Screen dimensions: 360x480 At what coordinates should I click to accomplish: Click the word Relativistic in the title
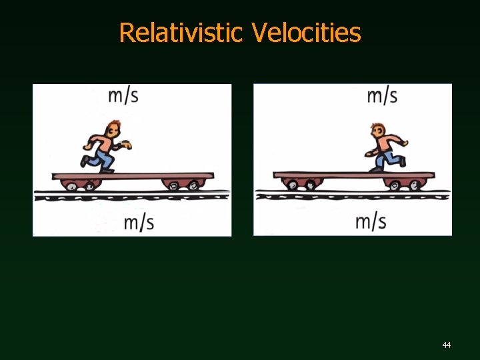pos(181,32)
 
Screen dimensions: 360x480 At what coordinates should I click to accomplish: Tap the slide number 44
pos(446,345)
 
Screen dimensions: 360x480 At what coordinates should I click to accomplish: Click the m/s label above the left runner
pos(123,95)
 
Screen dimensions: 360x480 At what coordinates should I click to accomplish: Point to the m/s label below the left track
pos(139,222)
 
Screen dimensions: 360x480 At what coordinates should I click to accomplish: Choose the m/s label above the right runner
pos(382,95)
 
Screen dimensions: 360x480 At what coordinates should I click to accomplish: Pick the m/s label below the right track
pos(371,221)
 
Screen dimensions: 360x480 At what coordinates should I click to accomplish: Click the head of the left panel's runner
pos(114,127)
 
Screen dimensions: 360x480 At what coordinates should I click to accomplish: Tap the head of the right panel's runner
pos(379,130)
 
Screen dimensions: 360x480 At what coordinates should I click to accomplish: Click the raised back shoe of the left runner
pos(84,161)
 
